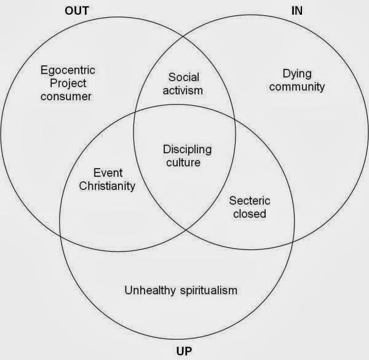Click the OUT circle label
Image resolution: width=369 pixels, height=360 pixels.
pos(77,11)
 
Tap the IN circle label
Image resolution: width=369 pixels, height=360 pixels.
pos(297,11)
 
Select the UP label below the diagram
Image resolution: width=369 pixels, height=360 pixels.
pos(184,351)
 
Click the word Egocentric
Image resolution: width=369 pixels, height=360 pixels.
pos(68,70)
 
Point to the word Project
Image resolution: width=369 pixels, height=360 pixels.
pos(68,83)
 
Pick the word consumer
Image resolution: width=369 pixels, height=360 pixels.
pos(66,97)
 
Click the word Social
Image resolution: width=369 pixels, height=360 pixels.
pos(184,77)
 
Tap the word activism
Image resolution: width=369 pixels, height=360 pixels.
pos(183,90)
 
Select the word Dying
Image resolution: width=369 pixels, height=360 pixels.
pos(297,74)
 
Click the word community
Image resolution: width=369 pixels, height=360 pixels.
pos(297,87)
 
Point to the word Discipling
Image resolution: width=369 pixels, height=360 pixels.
pos(188,150)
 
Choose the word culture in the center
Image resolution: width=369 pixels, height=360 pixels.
pos(183,162)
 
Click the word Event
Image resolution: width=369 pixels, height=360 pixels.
pos(108,173)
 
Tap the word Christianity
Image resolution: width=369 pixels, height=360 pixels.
pos(107,186)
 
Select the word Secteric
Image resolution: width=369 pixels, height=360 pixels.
pos(250,201)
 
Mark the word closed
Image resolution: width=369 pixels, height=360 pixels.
pos(250,214)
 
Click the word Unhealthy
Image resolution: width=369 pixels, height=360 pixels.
pos(150,290)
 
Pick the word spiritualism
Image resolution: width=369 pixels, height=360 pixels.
pos(208,290)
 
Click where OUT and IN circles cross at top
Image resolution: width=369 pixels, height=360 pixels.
pos(183,37)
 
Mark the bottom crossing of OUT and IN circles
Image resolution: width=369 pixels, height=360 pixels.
pos(186,230)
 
